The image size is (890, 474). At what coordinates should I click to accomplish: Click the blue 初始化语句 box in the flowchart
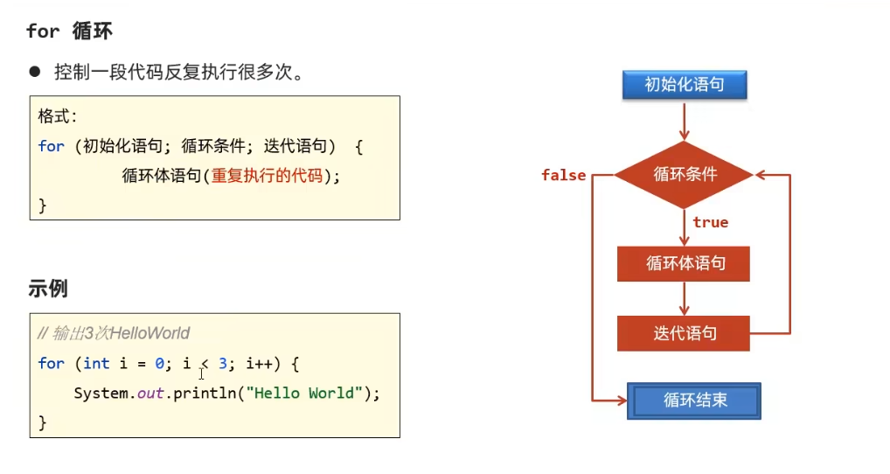coord(685,85)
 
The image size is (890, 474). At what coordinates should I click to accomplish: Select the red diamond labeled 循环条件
coord(685,174)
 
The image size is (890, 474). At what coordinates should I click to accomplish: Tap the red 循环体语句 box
coord(684,263)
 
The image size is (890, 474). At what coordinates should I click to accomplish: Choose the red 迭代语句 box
coord(684,333)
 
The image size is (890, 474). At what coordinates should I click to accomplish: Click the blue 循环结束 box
coord(694,401)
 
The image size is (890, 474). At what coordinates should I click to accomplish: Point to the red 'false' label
coord(563,175)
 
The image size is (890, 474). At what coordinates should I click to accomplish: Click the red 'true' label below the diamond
coord(710,222)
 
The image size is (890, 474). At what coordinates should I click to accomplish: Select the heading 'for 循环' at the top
coord(69,31)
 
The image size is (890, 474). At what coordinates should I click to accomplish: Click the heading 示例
coord(48,289)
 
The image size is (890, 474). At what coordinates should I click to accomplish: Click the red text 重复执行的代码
coord(267,176)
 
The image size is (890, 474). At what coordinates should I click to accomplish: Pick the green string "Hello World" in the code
coord(302,393)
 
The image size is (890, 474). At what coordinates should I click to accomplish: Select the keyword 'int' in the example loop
coord(96,363)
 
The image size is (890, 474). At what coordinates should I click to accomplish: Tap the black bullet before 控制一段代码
coord(35,72)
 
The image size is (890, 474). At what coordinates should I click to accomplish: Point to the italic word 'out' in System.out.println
coord(150,393)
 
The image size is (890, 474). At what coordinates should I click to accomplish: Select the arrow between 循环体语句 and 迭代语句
coord(685,298)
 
